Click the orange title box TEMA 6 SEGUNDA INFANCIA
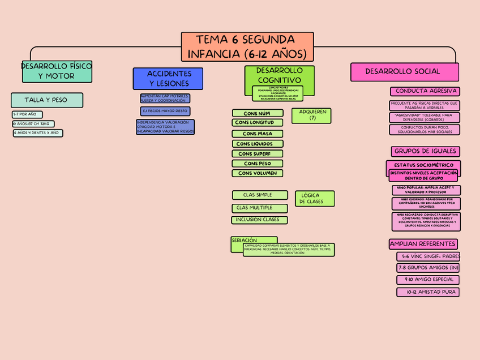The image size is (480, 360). tap(247, 47)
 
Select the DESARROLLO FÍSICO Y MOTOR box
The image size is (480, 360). tap(56, 71)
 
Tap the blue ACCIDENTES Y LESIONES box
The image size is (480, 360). tap(168, 79)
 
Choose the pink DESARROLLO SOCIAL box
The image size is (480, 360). tap(404, 72)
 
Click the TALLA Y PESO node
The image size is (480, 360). tap(46, 100)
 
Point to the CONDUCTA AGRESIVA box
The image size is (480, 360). tap(425, 91)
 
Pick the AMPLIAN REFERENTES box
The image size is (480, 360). tap(423, 244)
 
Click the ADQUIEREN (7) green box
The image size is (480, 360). tap(311, 115)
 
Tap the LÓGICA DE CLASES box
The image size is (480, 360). tap(314, 199)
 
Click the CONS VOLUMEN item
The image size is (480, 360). tap(258, 173)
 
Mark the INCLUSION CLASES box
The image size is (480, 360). tap(259, 220)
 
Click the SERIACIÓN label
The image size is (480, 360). tap(245, 241)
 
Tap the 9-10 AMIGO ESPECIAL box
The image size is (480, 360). tap(427, 280)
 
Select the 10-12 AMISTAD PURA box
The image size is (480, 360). tap(427, 292)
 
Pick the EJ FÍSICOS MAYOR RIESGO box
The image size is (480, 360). tap(165, 111)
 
